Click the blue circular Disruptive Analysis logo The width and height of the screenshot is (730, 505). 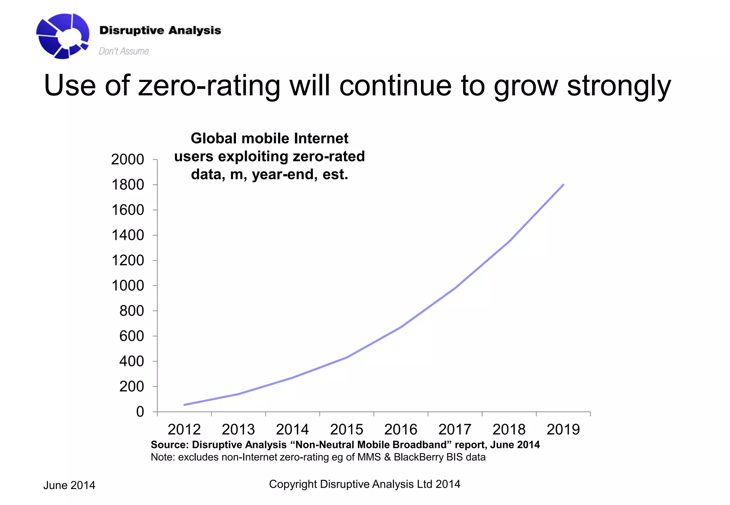point(62,36)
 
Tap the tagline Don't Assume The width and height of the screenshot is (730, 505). point(123,51)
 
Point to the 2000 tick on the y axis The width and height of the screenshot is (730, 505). point(128,159)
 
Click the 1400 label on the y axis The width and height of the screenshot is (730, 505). point(128,235)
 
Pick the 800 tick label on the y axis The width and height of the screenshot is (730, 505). point(132,311)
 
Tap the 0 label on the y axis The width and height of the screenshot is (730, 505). point(140,412)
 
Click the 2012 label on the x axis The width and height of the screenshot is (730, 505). point(184,429)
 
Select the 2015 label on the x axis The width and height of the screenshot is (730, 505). point(346,429)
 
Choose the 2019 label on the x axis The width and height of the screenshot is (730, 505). point(563,429)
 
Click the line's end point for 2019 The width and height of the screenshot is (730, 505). point(563,185)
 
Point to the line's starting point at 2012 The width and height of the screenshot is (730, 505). point(185,405)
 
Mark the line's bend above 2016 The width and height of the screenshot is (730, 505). point(401,327)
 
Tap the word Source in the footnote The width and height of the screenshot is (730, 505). point(169,445)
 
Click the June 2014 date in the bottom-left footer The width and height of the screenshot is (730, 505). point(69,485)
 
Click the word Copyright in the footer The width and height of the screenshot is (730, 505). point(293,484)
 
